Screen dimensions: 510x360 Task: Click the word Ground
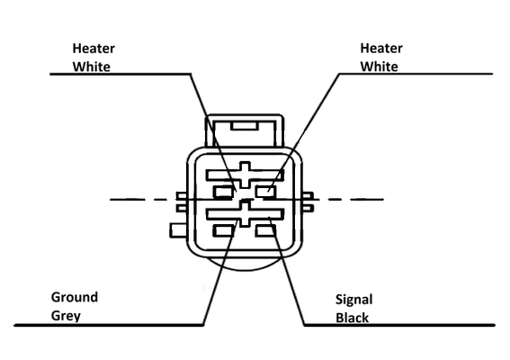(x=75, y=297)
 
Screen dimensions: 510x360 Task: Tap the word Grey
(x=66, y=316)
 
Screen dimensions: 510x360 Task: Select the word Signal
(x=353, y=300)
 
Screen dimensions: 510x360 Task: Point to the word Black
(x=352, y=318)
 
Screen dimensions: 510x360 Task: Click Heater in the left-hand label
(x=94, y=49)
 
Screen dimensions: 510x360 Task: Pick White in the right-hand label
(x=379, y=67)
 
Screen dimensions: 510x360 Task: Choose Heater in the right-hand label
(x=381, y=49)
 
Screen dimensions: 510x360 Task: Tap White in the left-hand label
(x=92, y=67)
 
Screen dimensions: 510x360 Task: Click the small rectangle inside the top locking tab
(x=245, y=126)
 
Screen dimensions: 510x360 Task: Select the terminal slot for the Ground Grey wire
(x=223, y=231)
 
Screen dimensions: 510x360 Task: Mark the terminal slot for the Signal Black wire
(x=265, y=230)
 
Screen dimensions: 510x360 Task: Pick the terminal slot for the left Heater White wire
(x=223, y=192)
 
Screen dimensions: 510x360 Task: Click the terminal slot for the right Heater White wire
(x=265, y=192)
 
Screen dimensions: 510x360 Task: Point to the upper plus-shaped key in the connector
(x=245, y=175)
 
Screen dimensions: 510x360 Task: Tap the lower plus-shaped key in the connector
(x=245, y=214)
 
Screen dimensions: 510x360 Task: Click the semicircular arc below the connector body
(x=245, y=269)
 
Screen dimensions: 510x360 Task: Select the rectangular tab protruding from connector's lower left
(x=178, y=230)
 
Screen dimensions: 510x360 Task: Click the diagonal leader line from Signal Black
(x=287, y=271)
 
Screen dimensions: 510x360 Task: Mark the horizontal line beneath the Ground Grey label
(x=109, y=325)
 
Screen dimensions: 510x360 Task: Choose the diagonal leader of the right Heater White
(x=303, y=132)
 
